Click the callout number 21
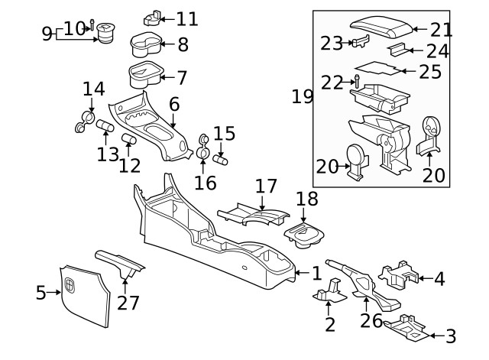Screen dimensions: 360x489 coord(441,31)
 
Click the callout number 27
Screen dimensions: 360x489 coord(128,303)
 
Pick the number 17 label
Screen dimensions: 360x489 coord(265,186)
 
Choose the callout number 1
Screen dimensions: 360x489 coord(316,273)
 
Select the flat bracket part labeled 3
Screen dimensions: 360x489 coord(405,327)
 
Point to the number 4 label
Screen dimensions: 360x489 coord(439,279)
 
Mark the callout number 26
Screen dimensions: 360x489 coord(371,321)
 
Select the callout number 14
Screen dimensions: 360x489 coord(93,89)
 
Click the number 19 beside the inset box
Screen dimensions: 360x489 coord(303,97)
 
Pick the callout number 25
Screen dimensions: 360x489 coord(431,73)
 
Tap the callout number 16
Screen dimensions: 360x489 coord(206,183)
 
